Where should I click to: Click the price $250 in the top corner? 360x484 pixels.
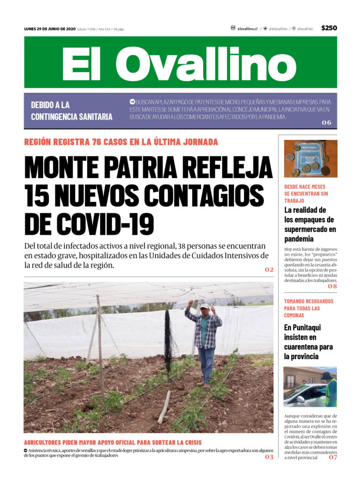tap(329, 28)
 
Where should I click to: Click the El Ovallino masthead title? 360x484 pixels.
tap(180, 63)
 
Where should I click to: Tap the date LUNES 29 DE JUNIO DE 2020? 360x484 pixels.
tap(50, 29)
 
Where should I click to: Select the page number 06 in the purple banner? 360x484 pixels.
tap(326, 123)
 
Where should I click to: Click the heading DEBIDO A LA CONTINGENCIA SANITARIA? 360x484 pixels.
tap(71, 111)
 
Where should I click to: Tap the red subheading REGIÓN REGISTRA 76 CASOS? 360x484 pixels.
tap(120, 142)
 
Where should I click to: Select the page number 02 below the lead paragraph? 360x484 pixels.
tap(269, 270)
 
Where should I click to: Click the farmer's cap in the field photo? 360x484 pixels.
tap(204, 306)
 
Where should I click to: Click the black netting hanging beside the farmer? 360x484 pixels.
tap(168, 337)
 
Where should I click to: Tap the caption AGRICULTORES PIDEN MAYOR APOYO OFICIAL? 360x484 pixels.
tap(112, 442)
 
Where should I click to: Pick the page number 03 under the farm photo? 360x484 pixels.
tap(269, 457)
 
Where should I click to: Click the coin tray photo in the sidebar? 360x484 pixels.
tap(310, 158)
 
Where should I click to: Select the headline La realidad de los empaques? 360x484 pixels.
tap(310, 224)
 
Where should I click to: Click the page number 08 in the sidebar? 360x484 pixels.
tap(332, 286)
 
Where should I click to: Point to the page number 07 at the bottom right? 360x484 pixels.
tap(332, 457)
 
